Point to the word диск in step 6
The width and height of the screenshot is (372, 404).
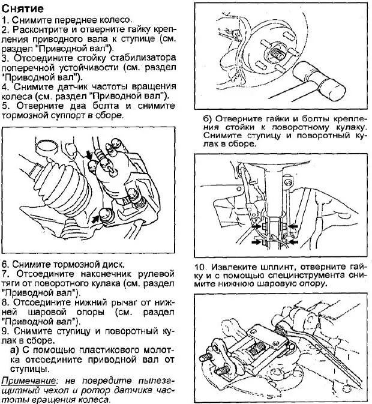pos(110,264)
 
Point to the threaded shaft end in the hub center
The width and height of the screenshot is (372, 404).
pos(275,53)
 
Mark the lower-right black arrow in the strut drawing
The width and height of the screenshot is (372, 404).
pos(292,242)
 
